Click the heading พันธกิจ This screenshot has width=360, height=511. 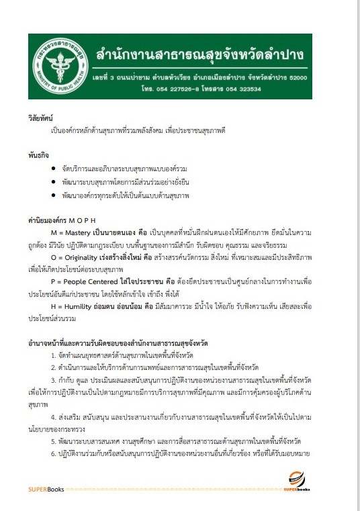click(37, 153)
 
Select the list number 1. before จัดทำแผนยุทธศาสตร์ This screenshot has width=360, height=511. click(53, 355)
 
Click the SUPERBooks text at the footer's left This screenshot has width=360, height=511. click(46, 489)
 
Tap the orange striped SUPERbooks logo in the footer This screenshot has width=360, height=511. click(296, 481)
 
